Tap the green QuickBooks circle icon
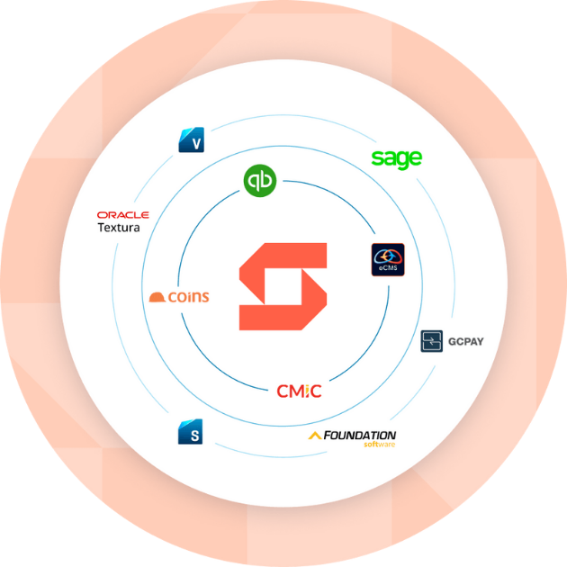259,180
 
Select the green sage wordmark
396,159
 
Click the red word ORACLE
122,215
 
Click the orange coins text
188,297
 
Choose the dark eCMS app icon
388,259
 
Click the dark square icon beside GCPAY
433,341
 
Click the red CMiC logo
299,391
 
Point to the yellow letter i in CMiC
307,391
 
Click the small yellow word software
379,445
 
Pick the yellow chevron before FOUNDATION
314,436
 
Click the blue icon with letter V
191,140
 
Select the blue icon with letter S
191,433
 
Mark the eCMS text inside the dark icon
388,267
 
